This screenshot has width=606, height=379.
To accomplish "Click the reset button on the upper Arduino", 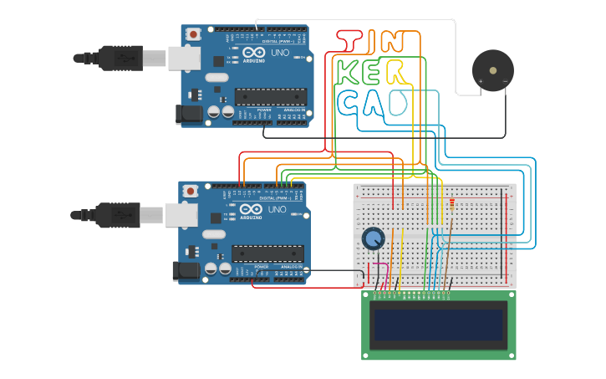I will pyautogui.click(x=193, y=34).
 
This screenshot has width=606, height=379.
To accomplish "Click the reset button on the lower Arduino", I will pyautogui.click(x=191, y=191).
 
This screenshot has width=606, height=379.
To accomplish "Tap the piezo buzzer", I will pyautogui.click(x=492, y=69).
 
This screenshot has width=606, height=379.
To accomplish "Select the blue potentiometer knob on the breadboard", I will pyautogui.click(x=373, y=239).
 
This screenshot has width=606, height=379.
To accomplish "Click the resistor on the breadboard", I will pyautogui.click(x=452, y=202).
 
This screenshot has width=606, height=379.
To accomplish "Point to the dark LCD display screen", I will pyautogui.click(x=439, y=325).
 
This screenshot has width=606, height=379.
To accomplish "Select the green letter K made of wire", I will pyautogui.click(x=349, y=72).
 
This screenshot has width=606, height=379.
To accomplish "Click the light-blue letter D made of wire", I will pyautogui.click(x=398, y=103).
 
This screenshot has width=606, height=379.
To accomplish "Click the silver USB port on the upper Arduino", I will pyautogui.click(x=184, y=58).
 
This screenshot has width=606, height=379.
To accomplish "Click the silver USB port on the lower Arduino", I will pyautogui.click(x=181, y=215).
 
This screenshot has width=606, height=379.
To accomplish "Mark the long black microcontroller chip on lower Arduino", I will pyautogui.click(x=267, y=253).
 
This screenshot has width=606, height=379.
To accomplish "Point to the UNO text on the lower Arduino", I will pyautogui.click(x=276, y=209).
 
